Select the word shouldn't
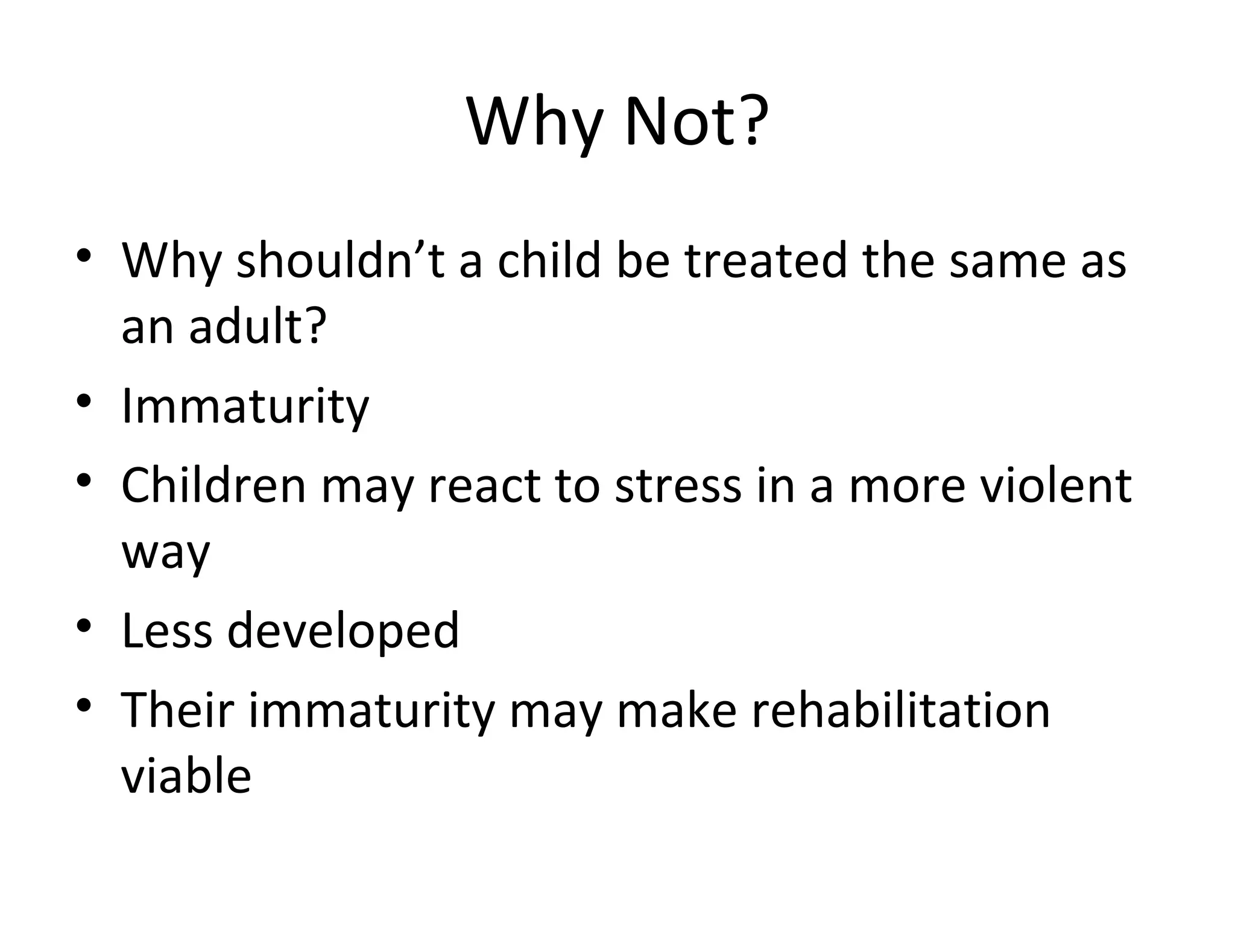[340, 260]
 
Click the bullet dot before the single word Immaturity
[84, 400]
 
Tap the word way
[165, 553]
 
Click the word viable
[186, 776]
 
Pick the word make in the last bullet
[677, 710]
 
